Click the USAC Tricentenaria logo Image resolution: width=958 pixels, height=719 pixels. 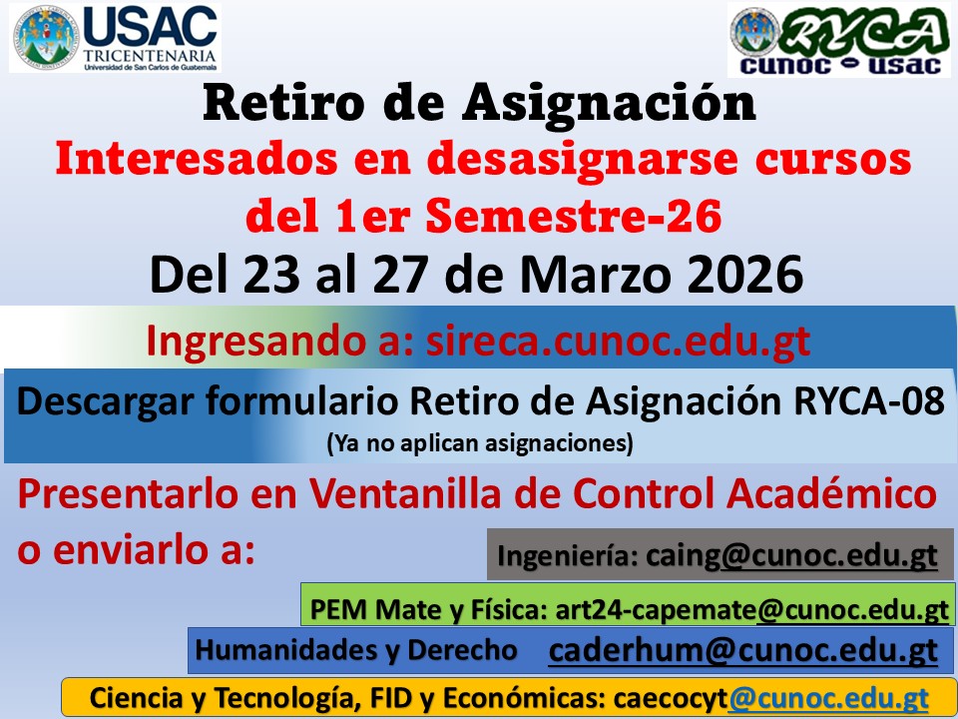(x=115, y=38)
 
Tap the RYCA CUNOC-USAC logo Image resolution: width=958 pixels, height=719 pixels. (x=839, y=41)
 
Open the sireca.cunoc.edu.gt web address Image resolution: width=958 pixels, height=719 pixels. (x=618, y=341)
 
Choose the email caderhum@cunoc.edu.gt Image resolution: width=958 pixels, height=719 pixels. (x=742, y=650)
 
